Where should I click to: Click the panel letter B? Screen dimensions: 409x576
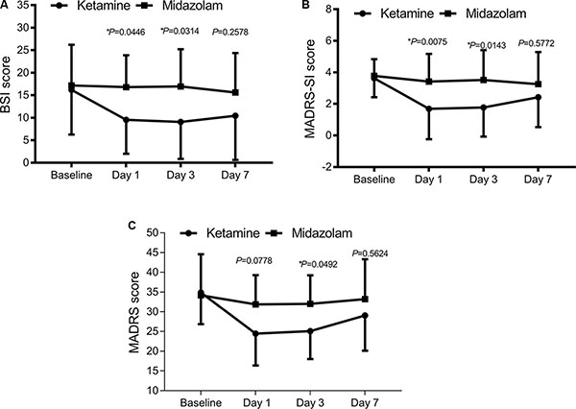305,7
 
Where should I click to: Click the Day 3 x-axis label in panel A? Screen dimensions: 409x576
181,175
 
